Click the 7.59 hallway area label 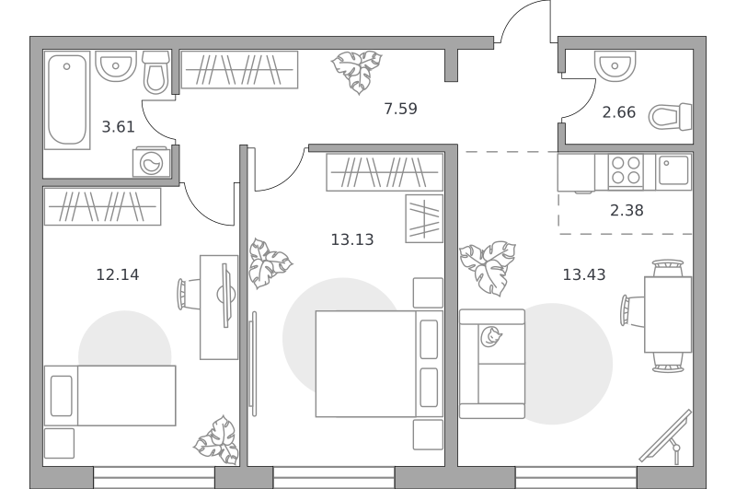pyautogui.click(x=400, y=109)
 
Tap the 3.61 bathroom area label pyautogui.click(x=119, y=127)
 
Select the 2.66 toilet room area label pyautogui.click(x=618, y=112)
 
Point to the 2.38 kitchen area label pyautogui.click(x=627, y=210)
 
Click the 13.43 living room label pyautogui.click(x=584, y=274)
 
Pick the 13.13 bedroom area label pyautogui.click(x=352, y=239)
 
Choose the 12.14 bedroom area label pyautogui.click(x=118, y=274)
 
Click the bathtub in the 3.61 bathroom pyautogui.click(x=67, y=100)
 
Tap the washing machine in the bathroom pyautogui.click(x=152, y=162)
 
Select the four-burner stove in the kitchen pyautogui.click(x=626, y=170)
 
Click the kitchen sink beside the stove pyautogui.click(x=673, y=171)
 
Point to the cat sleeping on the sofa pyautogui.click(x=491, y=337)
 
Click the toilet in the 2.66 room pyautogui.click(x=671, y=117)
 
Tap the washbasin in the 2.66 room pyautogui.click(x=615, y=64)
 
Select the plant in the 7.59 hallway pyautogui.click(x=357, y=72)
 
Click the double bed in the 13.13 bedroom pyautogui.click(x=379, y=364)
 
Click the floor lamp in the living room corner pyautogui.click(x=666, y=437)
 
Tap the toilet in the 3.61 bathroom pyautogui.click(x=155, y=73)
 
